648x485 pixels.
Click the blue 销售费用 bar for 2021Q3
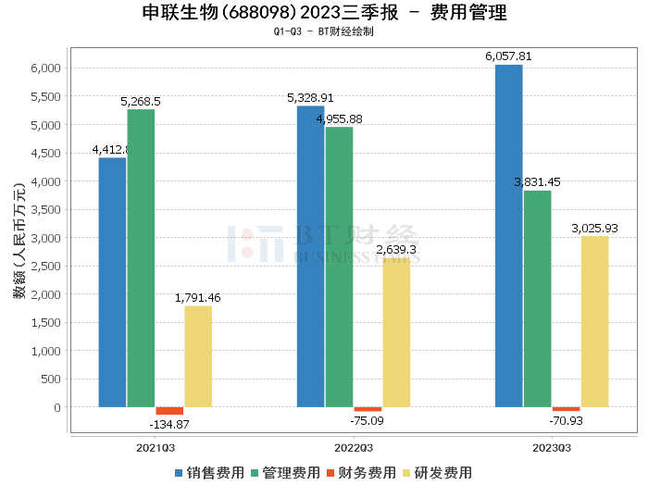[x=112, y=282]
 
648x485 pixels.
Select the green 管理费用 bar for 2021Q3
[x=141, y=258]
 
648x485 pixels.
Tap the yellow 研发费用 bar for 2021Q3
[x=198, y=356]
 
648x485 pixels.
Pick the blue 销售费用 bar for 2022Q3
[x=310, y=256]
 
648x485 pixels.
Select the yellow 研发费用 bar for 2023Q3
[x=594, y=321]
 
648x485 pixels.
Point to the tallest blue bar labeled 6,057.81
[x=508, y=236]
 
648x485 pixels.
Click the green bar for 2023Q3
[x=537, y=299]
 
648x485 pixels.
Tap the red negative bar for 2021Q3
[x=169, y=411]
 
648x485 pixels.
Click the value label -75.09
[x=368, y=420]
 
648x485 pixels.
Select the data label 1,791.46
[x=198, y=297]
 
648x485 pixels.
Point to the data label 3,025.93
[x=594, y=228]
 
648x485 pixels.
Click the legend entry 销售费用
[x=209, y=472]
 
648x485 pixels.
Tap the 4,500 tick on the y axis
[x=46, y=153]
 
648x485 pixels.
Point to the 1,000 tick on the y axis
[x=46, y=351]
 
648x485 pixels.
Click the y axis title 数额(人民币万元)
[x=18, y=239]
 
